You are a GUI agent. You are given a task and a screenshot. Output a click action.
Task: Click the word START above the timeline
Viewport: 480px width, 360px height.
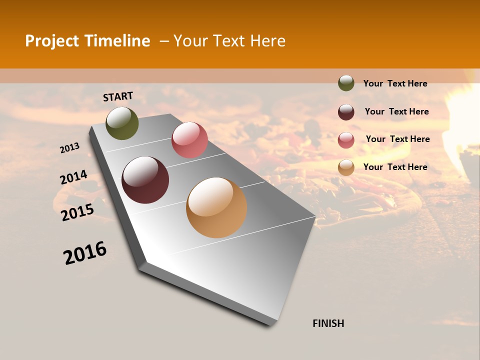click(118, 96)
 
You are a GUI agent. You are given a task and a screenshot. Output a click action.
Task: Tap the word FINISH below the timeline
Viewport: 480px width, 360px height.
click(328, 323)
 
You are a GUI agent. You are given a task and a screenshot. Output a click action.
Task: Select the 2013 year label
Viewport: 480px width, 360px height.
click(69, 148)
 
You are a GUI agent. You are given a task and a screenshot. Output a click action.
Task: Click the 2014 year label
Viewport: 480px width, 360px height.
click(73, 177)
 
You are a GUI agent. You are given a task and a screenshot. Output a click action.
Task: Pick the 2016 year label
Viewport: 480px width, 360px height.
click(85, 253)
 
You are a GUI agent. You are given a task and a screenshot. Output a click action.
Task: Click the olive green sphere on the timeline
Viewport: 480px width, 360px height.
click(122, 123)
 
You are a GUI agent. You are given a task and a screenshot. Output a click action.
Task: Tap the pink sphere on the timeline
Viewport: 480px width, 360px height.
click(189, 140)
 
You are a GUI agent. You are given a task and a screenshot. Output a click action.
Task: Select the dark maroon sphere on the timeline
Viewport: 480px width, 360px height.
click(145, 180)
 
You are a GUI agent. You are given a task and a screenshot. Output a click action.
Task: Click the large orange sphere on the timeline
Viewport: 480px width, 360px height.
click(216, 207)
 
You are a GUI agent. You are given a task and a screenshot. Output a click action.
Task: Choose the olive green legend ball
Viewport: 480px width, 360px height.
click(346, 83)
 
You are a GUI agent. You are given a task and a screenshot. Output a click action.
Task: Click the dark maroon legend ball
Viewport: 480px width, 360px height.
click(346, 112)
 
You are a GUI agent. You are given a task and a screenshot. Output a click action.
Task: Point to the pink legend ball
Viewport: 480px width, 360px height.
click(346, 140)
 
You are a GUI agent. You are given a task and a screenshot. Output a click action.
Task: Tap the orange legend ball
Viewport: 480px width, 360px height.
click(346, 167)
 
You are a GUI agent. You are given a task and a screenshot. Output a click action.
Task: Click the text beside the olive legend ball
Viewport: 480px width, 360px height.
click(395, 84)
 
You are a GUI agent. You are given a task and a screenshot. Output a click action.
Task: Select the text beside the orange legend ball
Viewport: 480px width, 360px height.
click(395, 167)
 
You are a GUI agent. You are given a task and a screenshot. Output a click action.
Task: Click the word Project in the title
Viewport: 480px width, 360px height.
click(52, 41)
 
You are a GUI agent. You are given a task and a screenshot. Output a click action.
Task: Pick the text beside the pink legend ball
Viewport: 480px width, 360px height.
click(397, 139)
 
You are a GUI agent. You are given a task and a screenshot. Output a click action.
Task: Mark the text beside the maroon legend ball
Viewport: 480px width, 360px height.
click(396, 111)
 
